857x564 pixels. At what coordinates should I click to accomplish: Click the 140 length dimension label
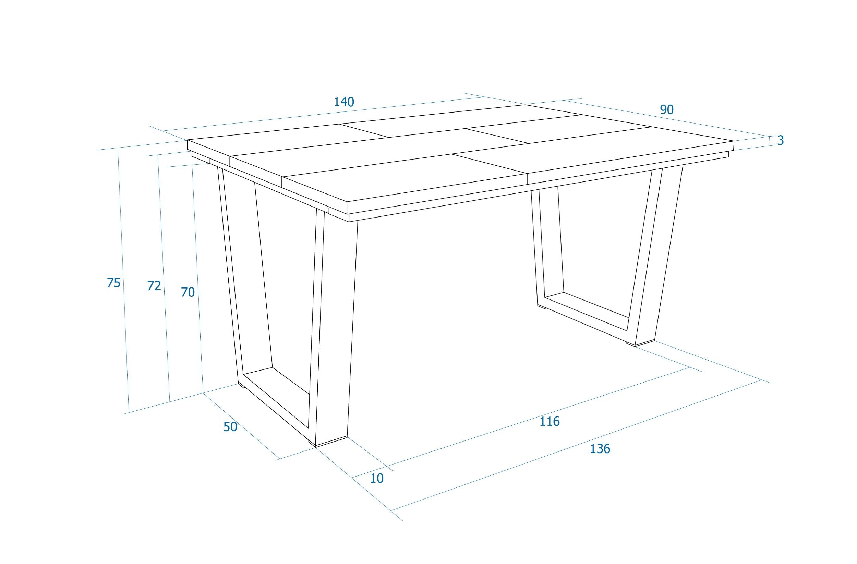pyautogui.click(x=344, y=102)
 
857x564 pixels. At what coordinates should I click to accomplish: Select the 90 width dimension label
pyautogui.click(x=666, y=110)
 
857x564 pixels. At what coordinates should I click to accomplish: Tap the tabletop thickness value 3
pyautogui.click(x=780, y=141)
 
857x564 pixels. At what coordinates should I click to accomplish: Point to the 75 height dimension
pyautogui.click(x=113, y=283)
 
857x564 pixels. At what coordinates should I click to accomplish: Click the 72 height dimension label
pyautogui.click(x=154, y=286)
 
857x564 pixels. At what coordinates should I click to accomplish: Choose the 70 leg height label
pyautogui.click(x=188, y=292)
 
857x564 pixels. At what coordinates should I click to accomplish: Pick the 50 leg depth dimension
pyautogui.click(x=230, y=427)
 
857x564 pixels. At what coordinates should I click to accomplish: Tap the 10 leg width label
pyautogui.click(x=377, y=478)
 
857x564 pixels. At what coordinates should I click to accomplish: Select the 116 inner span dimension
pyautogui.click(x=550, y=421)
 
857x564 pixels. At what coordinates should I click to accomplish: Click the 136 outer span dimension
pyautogui.click(x=600, y=449)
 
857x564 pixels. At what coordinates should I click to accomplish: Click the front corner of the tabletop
pyautogui.click(x=347, y=202)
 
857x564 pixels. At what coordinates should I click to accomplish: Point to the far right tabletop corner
pyautogui.click(x=734, y=141)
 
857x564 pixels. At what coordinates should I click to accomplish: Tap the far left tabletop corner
pyautogui.click(x=188, y=140)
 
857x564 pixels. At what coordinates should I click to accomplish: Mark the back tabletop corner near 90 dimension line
pyautogui.click(x=525, y=105)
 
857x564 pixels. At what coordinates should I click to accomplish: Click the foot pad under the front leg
pyautogui.click(x=312, y=443)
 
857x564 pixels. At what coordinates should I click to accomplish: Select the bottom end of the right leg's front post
pyautogui.click(x=644, y=343)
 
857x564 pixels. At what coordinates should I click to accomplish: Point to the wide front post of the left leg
pyautogui.click(x=335, y=324)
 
